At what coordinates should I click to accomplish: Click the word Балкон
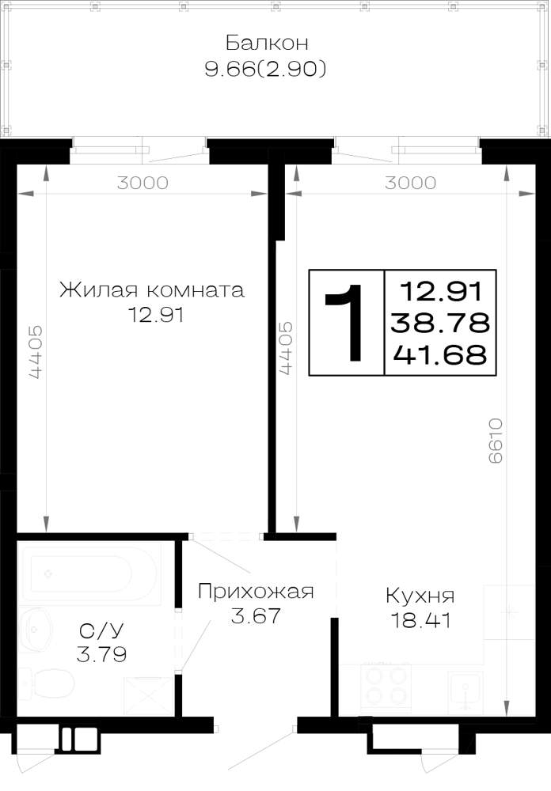[267, 43]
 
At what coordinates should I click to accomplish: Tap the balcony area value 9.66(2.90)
[266, 69]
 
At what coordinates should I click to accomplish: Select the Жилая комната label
[152, 290]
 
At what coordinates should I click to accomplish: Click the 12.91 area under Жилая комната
[155, 316]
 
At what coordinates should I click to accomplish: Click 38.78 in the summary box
[440, 323]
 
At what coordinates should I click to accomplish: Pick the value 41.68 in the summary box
[440, 354]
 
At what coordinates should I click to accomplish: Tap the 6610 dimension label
[496, 441]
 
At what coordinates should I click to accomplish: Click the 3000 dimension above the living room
[142, 183]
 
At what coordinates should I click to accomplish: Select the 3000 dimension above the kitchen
[410, 183]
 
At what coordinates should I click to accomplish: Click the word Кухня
[420, 596]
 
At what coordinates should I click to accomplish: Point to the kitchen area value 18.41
[421, 620]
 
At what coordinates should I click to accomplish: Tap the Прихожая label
[256, 591]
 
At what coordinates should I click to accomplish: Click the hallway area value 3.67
[256, 616]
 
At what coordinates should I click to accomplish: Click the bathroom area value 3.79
[101, 655]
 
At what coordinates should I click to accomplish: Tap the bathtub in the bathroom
[89, 574]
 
